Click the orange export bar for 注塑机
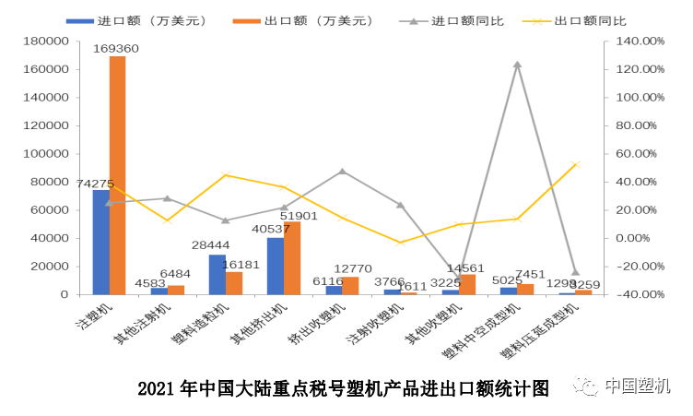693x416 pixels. [x=118, y=175]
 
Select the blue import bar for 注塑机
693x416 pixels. [x=100, y=242]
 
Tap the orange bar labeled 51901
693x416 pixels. [x=292, y=257]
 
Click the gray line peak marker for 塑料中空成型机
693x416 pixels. [x=517, y=65]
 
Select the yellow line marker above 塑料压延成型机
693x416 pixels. [x=575, y=164]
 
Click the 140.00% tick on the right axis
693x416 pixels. [x=640, y=41]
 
